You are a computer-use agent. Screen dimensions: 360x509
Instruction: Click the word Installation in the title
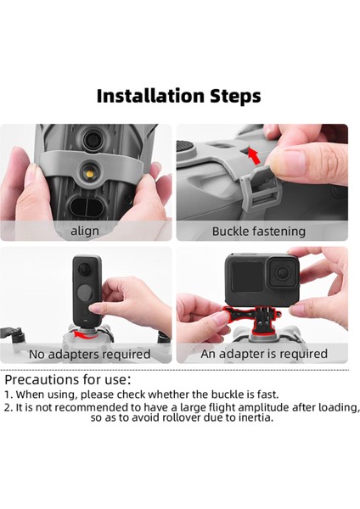[150, 96]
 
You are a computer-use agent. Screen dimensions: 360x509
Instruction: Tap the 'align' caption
[85, 231]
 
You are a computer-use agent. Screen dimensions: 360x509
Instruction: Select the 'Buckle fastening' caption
[259, 232]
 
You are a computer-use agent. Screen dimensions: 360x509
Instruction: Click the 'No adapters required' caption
[90, 354]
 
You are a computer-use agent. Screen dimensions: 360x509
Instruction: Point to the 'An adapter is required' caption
[264, 354]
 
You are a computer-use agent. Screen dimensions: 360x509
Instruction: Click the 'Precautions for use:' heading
[68, 379]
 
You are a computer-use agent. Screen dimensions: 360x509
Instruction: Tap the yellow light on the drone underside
[90, 174]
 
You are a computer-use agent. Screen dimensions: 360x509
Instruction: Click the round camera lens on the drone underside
[93, 140]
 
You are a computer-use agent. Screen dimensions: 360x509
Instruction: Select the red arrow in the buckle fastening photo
[254, 156]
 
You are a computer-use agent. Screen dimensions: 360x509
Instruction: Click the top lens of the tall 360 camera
[85, 269]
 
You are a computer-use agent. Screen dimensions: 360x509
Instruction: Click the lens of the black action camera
[282, 272]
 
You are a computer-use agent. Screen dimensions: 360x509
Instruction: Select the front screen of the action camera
[247, 277]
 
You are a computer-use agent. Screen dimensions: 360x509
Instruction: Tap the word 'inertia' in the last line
[256, 417]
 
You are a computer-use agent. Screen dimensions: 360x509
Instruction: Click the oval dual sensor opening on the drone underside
[87, 206]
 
